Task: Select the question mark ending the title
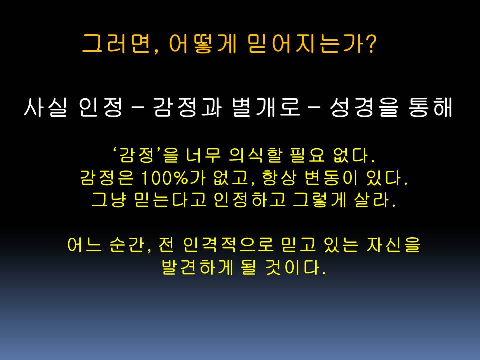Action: click(370, 44)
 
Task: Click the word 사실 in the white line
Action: click(45, 107)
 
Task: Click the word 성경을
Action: click(365, 107)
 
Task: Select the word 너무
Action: click(203, 155)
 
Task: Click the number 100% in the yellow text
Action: click(164, 178)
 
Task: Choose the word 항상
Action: click(279, 178)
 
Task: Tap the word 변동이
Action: click(331, 178)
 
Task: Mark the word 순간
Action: click(127, 245)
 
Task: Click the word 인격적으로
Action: click(228, 245)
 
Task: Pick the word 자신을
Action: click(393, 245)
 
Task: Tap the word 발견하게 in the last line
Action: click(198, 267)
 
